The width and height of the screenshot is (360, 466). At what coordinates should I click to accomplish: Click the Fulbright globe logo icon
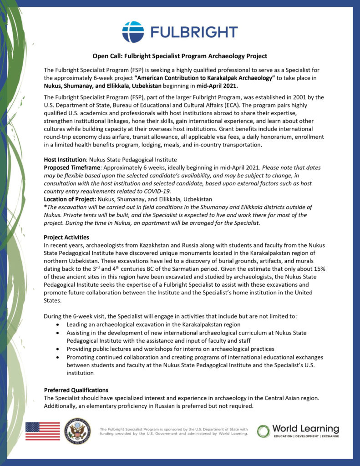[x=133, y=32]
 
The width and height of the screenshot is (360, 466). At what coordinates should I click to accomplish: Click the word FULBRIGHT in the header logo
[x=194, y=32]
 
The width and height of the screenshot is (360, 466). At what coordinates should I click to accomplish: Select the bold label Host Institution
[x=65, y=160]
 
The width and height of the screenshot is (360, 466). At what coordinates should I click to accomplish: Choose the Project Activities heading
[x=66, y=238]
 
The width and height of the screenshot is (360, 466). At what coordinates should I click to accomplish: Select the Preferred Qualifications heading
[x=76, y=390]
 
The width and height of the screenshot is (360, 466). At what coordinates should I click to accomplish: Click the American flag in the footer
[x=42, y=431]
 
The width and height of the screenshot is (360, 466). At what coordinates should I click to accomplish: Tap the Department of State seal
[x=77, y=431]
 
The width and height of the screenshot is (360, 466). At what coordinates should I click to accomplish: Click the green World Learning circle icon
[x=264, y=431]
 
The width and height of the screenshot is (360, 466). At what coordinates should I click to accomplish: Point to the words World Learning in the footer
[x=305, y=429]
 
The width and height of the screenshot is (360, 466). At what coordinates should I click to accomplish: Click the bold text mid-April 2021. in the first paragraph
[x=212, y=86]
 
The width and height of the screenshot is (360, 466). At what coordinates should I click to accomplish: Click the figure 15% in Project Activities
[x=318, y=269]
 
